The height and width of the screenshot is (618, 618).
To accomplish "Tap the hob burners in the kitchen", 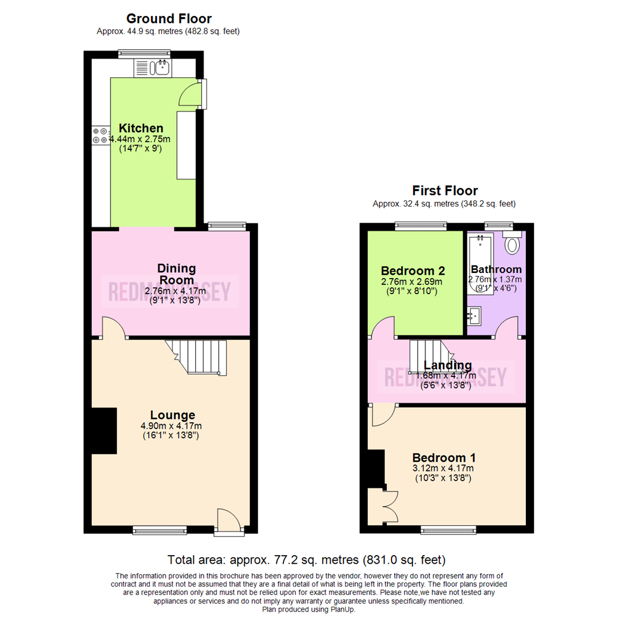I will pyautogui.click(x=99, y=135).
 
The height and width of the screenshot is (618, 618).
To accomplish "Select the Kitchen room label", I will pyautogui.click(x=141, y=128).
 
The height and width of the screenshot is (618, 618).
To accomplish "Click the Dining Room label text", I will pyautogui.click(x=177, y=274).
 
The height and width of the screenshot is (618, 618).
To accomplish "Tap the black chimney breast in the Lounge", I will pyautogui.click(x=104, y=431).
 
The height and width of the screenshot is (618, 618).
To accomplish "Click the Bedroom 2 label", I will pyautogui.click(x=413, y=270).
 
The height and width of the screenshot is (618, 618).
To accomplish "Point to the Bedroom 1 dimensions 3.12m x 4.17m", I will pyautogui.click(x=443, y=468).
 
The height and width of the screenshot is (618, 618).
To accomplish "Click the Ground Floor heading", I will pyautogui.click(x=168, y=19).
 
